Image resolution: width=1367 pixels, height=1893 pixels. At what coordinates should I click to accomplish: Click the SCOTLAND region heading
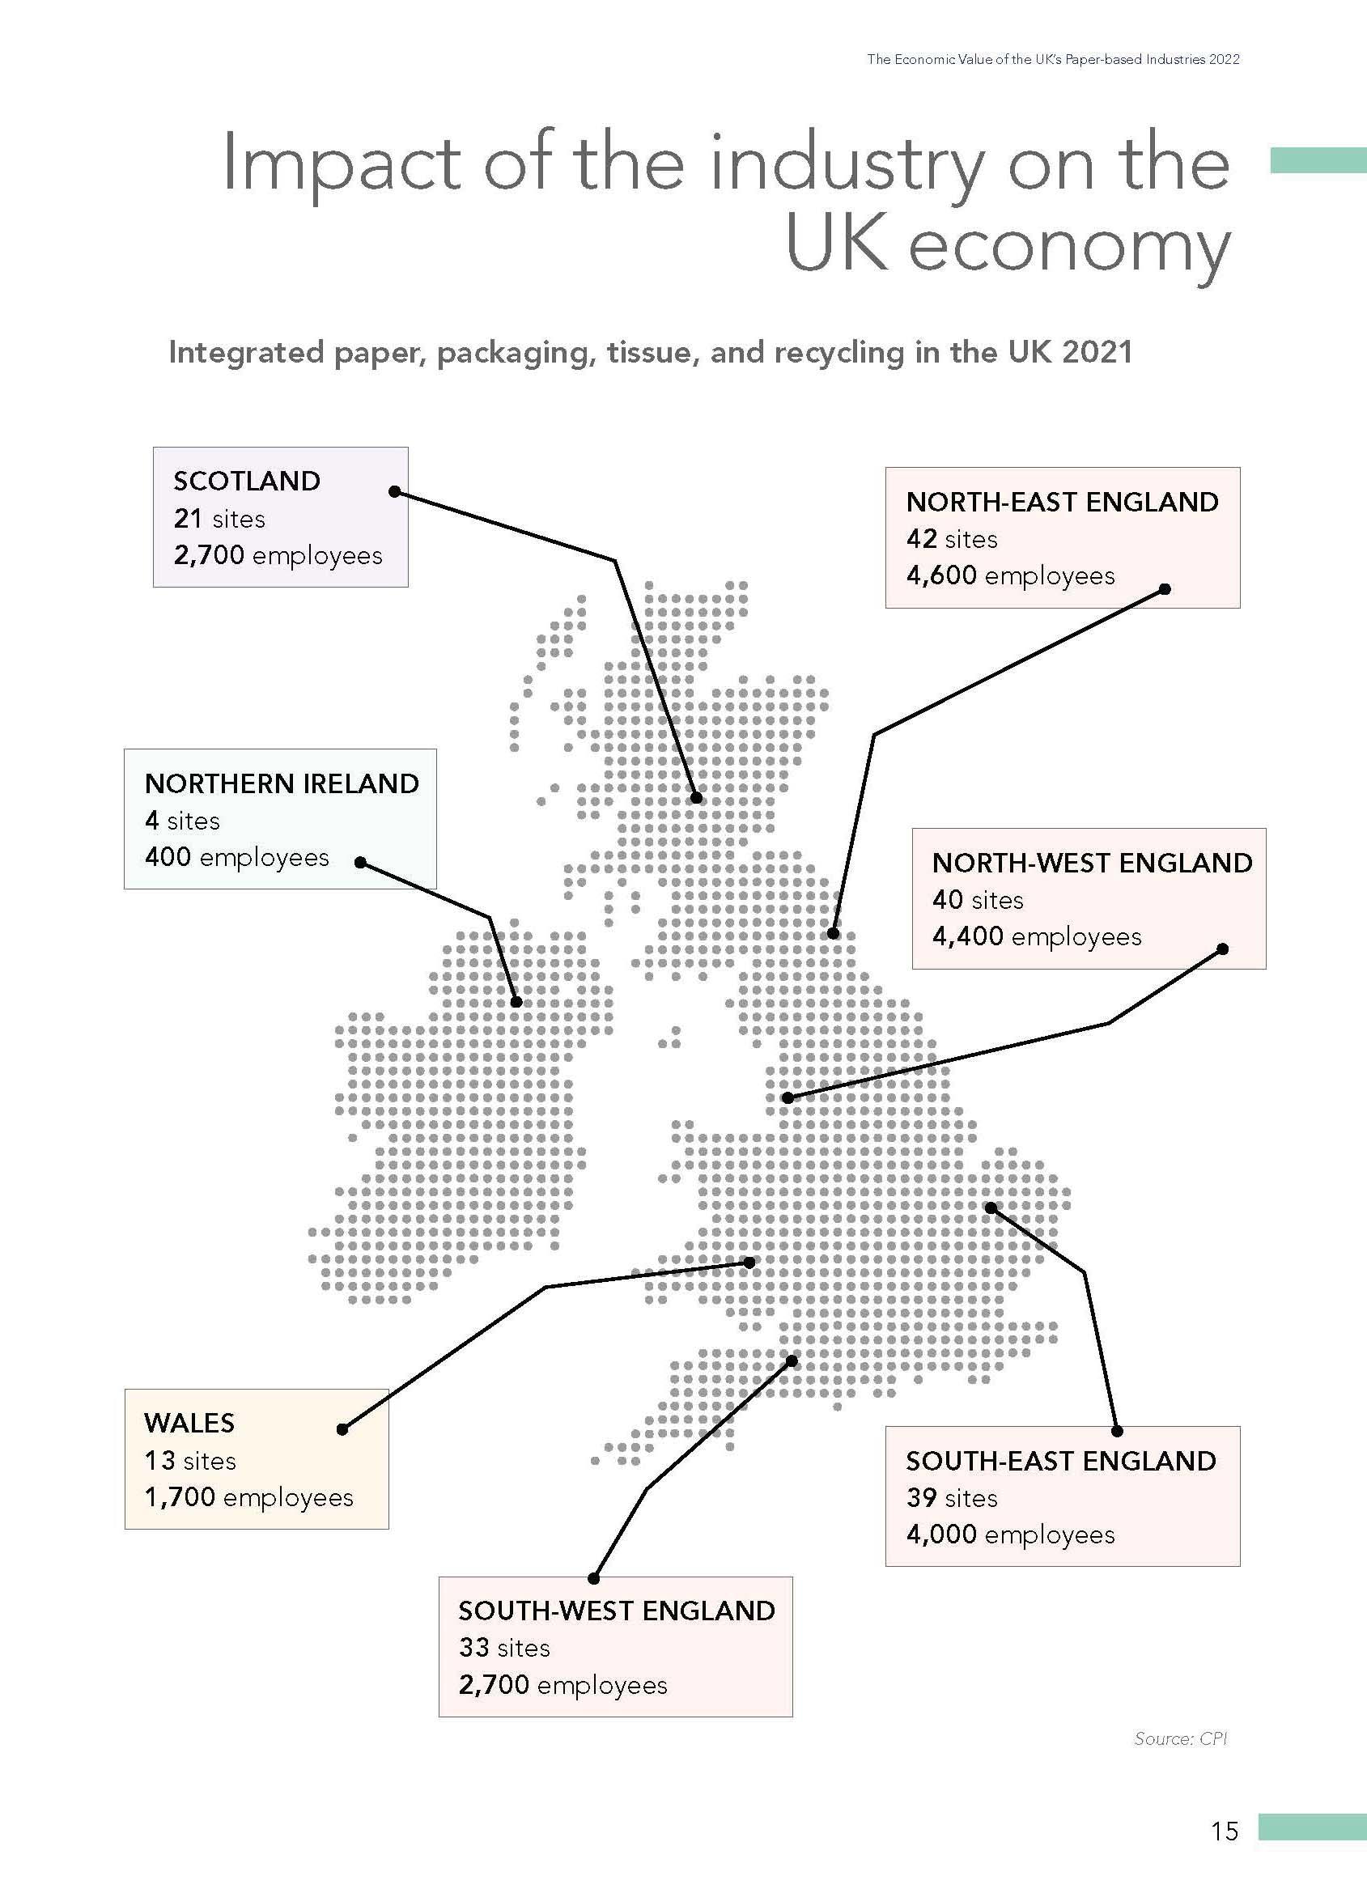(x=246, y=481)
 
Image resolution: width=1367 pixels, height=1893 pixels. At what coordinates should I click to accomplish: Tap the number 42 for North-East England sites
(x=921, y=539)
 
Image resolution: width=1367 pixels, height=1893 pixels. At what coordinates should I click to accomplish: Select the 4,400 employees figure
(x=967, y=936)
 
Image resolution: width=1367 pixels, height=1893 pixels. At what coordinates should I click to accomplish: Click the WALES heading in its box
(x=189, y=1423)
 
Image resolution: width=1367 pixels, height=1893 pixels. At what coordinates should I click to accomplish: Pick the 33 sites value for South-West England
(x=473, y=1648)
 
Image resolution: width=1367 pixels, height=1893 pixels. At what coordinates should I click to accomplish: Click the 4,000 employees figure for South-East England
(x=941, y=1534)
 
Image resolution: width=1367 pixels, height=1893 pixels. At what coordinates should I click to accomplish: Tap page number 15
(x=1225, y=1831)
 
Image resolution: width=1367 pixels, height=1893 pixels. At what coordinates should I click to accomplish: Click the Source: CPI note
(x=1180, y=1738)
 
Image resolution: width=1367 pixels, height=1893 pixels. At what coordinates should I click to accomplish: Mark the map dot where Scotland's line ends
(x=696, y=798)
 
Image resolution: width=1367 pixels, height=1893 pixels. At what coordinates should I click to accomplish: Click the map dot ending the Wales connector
(x=749, y=1263)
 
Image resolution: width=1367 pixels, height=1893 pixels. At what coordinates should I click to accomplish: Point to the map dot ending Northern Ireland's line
(x=516, y=1002)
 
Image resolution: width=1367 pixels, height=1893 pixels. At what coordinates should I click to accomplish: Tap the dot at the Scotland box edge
(x=395, y=491)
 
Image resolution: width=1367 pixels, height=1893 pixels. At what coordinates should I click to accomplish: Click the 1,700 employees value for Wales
(x=180, y=1497)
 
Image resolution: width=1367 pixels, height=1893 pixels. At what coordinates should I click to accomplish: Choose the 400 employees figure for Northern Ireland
(x=168, y=857)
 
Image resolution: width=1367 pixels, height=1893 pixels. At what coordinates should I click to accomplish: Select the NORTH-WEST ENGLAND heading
(x=1092, y=863)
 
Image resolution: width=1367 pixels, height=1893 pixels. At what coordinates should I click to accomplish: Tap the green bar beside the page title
(x=1318, y=160)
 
